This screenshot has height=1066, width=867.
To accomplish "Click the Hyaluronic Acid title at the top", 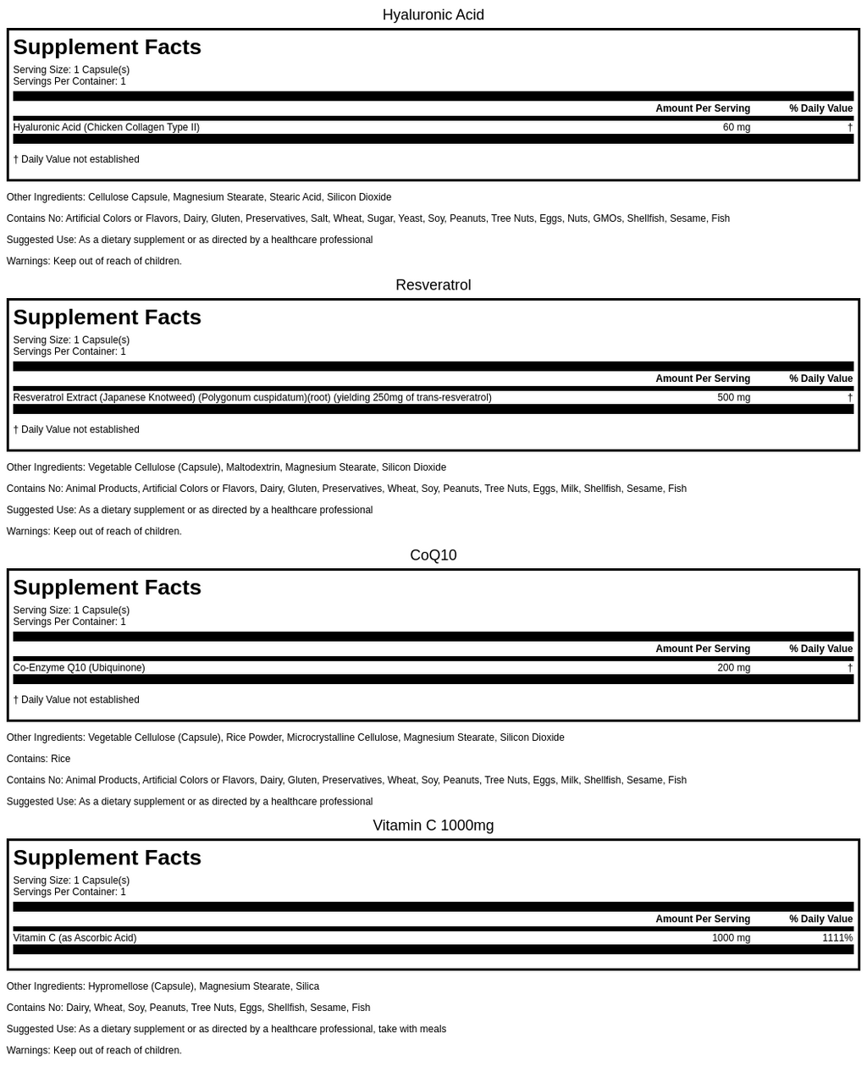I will pos(433,14).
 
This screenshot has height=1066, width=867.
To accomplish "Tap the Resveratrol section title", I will pos(433,284).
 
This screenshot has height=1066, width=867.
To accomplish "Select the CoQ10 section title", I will pos(433,555).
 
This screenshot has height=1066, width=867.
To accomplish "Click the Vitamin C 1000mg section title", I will pos(433,825).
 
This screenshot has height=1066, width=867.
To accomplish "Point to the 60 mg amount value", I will pos(736,127).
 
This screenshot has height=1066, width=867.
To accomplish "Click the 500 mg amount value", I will pos(733,397).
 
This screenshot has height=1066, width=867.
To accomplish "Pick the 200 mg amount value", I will pos(733,667).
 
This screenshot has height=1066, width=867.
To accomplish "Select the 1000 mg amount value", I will pos(731,937).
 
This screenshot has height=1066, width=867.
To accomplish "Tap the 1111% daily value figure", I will pos(837,937).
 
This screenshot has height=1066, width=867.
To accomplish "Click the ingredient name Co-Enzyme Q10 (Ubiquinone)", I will pos(79,667).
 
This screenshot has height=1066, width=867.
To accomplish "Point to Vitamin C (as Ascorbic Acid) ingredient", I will pos(75,937).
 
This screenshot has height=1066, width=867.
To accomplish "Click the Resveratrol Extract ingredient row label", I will pos(251,397).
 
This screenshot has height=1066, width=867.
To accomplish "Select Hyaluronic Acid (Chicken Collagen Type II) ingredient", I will pos(106,127).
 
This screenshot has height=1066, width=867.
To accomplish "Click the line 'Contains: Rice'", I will pos(38,759).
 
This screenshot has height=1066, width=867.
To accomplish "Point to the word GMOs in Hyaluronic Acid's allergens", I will pos(607,218).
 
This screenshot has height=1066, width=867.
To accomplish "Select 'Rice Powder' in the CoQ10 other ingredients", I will pos(253,737).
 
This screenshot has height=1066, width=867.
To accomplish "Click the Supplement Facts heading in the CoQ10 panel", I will pos(107,587).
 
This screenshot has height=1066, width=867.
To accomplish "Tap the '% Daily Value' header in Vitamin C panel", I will pos(820,919).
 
